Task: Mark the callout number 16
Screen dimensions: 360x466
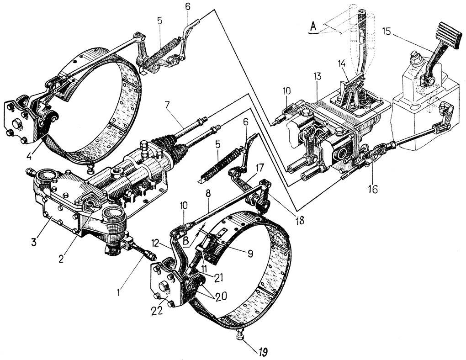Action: tap(373, 189)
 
